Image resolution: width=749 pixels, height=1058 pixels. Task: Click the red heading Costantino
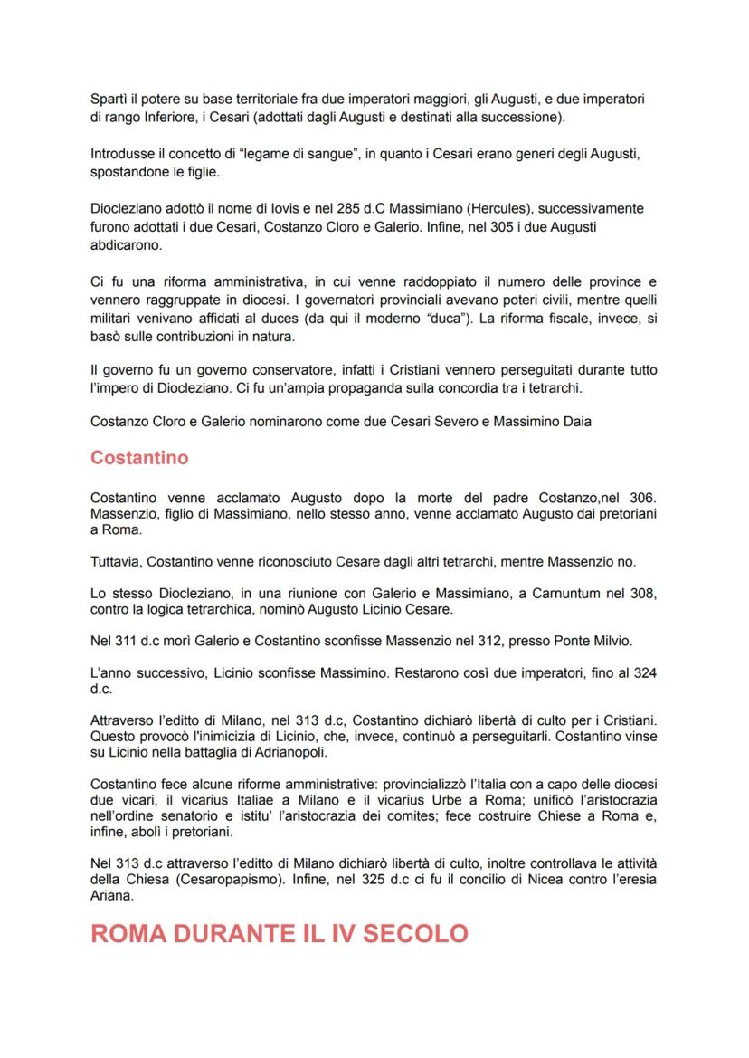(139, 458)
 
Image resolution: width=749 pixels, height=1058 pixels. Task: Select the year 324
(643, 673)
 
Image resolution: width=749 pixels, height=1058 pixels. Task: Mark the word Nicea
(525, 877)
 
